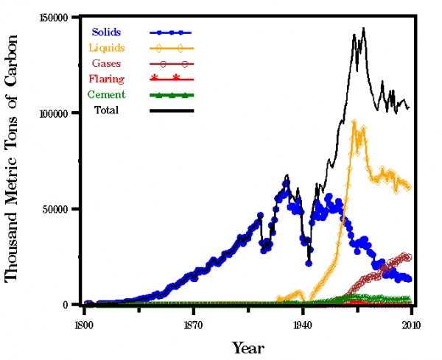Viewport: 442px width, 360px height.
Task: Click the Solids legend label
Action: [106, 32]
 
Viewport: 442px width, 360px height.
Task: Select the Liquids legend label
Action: [108, 48]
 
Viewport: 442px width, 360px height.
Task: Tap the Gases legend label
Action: [107, 63]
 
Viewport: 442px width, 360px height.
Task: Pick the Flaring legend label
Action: [108, 79]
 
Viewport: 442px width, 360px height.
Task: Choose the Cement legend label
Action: [106, 94]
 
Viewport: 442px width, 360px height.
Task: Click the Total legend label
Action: [106, 110]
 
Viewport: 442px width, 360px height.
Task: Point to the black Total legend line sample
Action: [171, 110]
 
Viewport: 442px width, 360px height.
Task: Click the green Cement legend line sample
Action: [171, 95]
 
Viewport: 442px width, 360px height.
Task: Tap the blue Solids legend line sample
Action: [171, 32]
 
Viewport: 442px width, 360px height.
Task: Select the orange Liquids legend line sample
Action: [171, 49]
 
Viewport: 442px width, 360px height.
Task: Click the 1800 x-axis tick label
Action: [83, 322]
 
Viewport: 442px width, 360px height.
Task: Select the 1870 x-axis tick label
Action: [193, 322]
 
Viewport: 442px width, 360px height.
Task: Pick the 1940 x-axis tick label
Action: [302, 322]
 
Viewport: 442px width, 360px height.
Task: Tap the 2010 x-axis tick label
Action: [411, 322]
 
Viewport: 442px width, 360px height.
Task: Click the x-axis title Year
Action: [248, 347]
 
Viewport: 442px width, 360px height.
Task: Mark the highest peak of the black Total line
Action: [363, 29]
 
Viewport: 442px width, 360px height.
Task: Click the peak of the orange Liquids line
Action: [354, 122]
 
